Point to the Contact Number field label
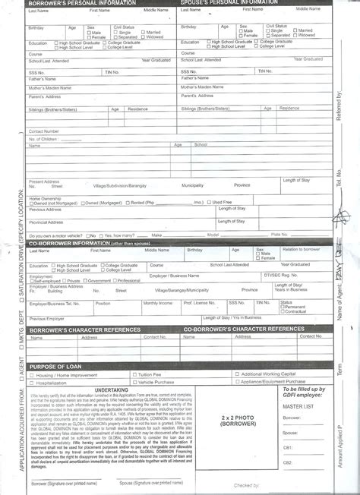pyautogui.click(x=44, y=131)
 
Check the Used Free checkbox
pyautogui.click(x=210, y=203)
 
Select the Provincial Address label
pyautogui.click(x=45, y=222)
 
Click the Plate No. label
pyautogui.click(x=279, y=235)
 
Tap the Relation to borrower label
pyautogui.click(x=302, y=249)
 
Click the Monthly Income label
pyautogui.click(x=157, y=302)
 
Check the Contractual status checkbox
pyautogui.click(x=282, y=312)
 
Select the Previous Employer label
pyautogui.click(x=46, y=319)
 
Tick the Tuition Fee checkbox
pyautogui.click(x=134, y=375)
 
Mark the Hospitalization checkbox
pyautogui.click(x=31, y=382)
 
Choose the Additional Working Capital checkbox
pyautogui.click(x=238, y=375)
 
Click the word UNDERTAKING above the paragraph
pyautogui.click(x=111, y=389)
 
